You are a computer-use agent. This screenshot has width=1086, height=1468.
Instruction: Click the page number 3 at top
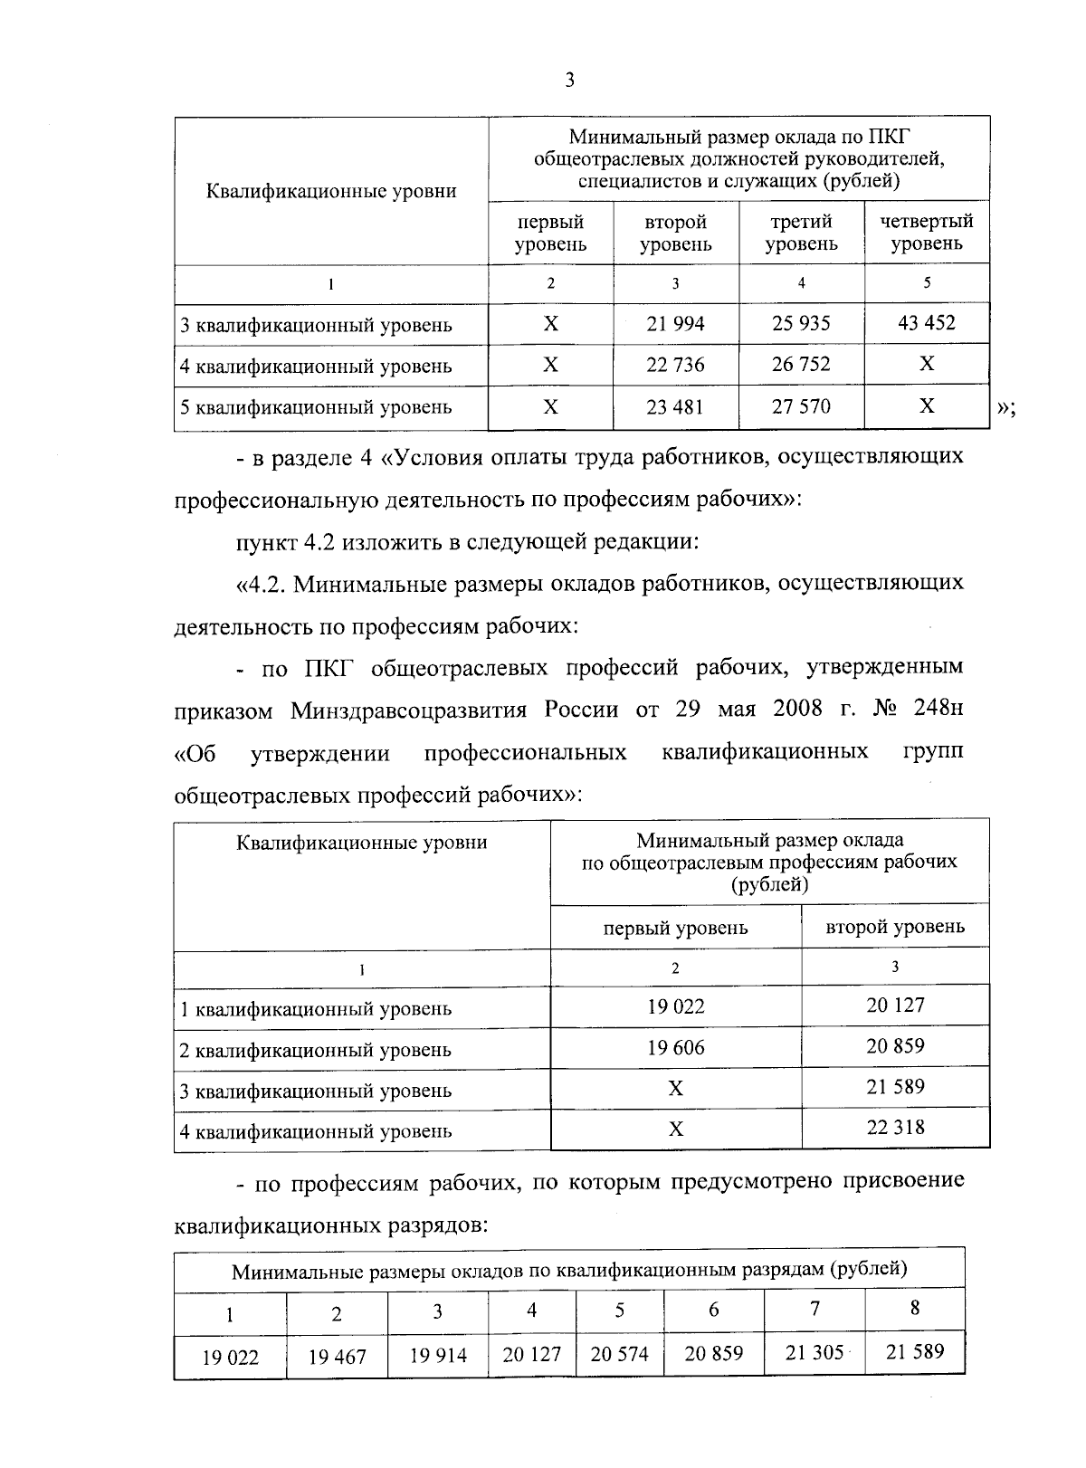click(569, 81)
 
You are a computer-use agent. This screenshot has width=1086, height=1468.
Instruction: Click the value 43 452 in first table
click(926, 322)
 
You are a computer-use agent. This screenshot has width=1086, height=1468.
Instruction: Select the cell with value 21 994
click(675, 324)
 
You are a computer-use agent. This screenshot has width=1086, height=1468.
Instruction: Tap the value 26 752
click(801, 364)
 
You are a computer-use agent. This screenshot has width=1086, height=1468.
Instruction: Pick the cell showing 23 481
click(675, 406)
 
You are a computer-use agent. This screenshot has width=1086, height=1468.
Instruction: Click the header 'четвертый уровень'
click(926, 233)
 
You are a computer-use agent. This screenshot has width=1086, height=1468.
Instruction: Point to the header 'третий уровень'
click(801, 233)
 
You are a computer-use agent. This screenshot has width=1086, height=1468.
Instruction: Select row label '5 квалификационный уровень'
click(316, 407)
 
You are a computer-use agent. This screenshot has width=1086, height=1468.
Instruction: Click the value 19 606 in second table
click(675, 1047)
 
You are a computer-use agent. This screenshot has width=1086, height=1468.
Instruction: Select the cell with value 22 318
click(895, 1128)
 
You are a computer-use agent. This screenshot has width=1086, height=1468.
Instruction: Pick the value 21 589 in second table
click(895, 1087)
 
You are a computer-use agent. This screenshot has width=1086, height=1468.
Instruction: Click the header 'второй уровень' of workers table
click(895, 927)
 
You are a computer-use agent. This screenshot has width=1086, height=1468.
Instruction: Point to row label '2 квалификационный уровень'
click(316, 1050)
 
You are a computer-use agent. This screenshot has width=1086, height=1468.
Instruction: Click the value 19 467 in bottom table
click(337, 1357)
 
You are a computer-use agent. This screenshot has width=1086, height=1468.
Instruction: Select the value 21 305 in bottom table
click(814, 1352)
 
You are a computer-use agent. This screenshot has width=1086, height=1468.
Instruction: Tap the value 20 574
click(619, 1354)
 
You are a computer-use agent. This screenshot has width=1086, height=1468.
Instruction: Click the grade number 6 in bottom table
click(713, 1310)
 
